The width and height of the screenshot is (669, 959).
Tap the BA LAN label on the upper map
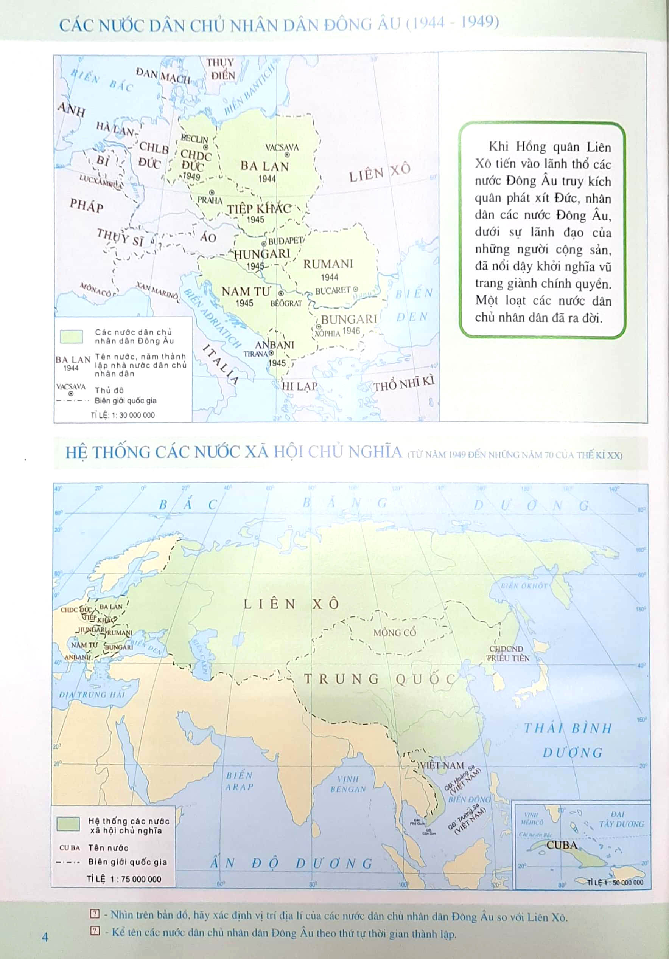[264, 166]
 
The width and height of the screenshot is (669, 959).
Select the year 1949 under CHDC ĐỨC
[191, 176]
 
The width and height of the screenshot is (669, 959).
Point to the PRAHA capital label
[210, 200]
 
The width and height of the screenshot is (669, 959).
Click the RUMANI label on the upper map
[328, 264]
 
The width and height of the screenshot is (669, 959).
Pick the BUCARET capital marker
[356, 289]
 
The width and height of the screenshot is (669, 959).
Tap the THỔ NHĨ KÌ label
[404, 383]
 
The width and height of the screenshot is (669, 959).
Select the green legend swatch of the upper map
[72, 336]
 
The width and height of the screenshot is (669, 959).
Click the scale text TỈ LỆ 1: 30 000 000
[123, 415]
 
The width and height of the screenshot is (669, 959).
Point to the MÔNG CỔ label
[394, 632]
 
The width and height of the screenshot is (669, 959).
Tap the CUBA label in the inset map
[562, 845]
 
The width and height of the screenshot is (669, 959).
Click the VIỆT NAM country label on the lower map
[442, 765]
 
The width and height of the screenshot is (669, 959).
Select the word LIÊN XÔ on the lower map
[291, 604]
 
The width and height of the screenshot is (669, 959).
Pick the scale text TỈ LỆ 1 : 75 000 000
[124, 879]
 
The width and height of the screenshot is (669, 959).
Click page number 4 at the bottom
[45, 936]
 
